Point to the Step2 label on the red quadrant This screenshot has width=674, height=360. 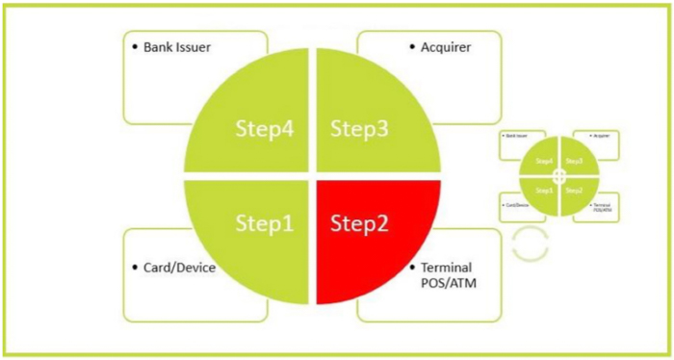pos(360,224)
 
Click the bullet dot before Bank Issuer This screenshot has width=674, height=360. pos(134,46)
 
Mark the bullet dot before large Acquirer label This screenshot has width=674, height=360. pos(410,46)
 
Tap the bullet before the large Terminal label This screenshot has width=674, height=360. pos(412,266)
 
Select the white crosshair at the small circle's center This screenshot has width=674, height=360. pos(559,175)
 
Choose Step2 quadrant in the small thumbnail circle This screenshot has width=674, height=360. pos(574,191)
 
